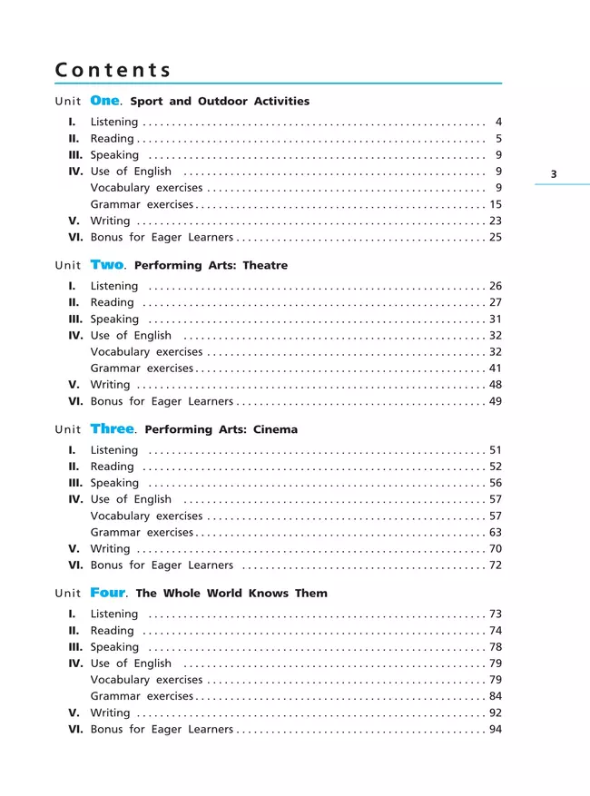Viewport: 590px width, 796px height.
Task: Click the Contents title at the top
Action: tap(113, 70)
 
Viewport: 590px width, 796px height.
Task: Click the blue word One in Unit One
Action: tap(105, 101)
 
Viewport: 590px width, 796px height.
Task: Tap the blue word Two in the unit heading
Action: tap(107, 265)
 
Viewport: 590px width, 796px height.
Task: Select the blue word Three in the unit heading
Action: tap(113, 429)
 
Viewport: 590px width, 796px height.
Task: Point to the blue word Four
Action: tap(108, 593)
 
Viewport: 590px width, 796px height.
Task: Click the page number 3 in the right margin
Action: tap(554, 174)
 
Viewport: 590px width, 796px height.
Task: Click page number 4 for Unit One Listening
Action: tap(498, 122)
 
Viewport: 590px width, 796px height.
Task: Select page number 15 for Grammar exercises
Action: tap(496, 204)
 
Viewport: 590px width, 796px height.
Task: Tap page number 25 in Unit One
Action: tap(496, 238)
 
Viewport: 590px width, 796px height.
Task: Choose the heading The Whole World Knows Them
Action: tap(231, 594)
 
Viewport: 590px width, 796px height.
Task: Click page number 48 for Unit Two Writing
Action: tap(496, 385)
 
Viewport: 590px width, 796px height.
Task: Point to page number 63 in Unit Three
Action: tap(496, 533)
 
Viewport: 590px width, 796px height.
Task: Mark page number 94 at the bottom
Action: tap(496, 730)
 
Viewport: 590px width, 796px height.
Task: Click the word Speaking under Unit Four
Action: tap(115, 647)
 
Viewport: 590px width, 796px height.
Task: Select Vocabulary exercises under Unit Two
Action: tap(147, 352)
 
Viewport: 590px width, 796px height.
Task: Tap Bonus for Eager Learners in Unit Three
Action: tap(162, 565)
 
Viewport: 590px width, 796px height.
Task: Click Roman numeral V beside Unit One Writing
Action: tap(74, 221)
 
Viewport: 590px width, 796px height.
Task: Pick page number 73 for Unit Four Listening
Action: tap(496, 614)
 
